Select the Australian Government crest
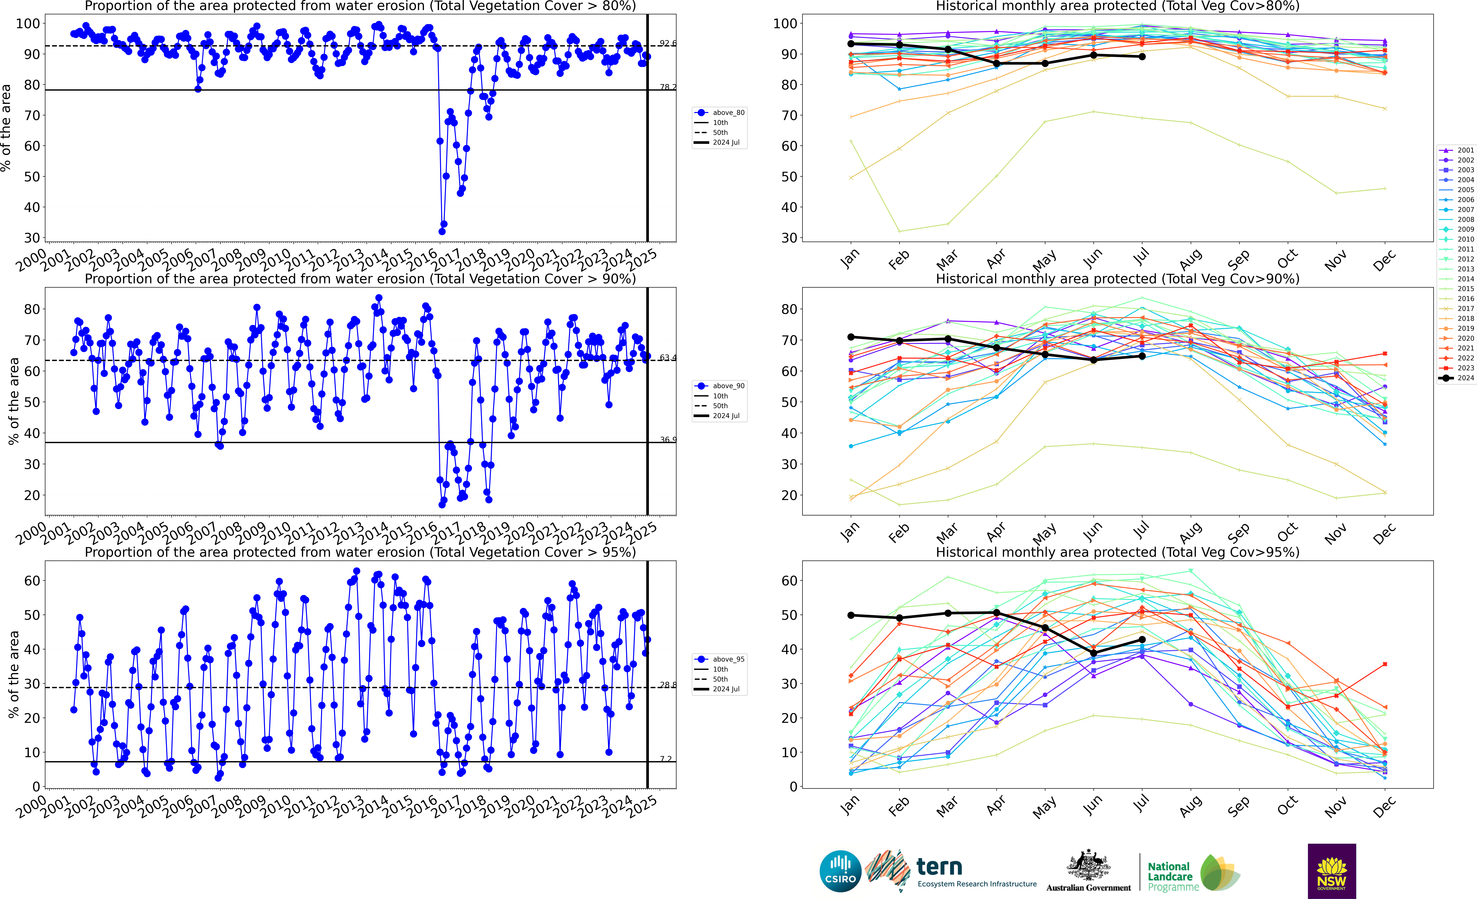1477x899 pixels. (1088, 866)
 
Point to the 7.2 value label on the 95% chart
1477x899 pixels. (666, 759)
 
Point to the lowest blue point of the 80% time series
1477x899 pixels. (442, 231)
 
